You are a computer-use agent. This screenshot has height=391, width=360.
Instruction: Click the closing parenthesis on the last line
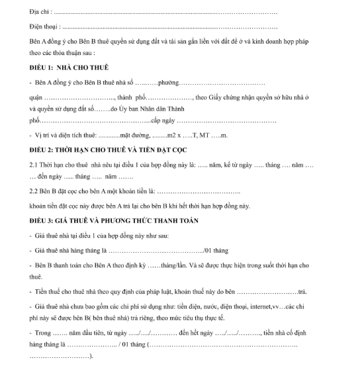pyautogui.click(x=91, y=357)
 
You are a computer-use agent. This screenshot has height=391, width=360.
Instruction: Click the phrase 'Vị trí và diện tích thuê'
pyautogui.click(x=66, y=136)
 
